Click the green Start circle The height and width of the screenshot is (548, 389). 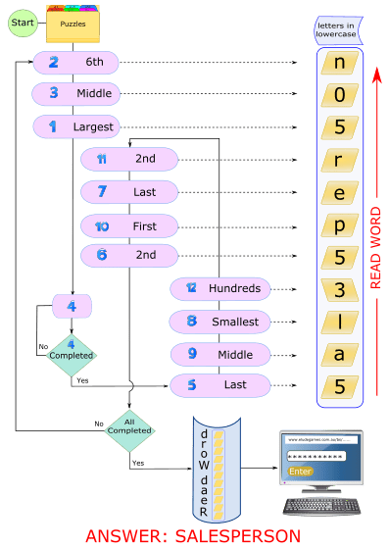click(23, 22)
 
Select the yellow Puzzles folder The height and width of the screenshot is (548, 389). click(73, 24)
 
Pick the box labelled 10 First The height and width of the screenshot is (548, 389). click(129, 225)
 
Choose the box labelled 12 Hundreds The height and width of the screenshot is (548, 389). click(220, 288)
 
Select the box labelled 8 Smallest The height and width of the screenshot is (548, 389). click(220, 321)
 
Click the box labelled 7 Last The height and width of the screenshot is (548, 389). click(129, 192)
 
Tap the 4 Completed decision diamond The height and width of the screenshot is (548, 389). click(71, 349)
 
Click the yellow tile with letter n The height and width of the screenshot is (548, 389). click(339, 64)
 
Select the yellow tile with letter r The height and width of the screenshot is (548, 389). click(339, 161)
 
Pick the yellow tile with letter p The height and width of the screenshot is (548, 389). click(339, 225)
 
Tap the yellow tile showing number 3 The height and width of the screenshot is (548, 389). click(339, 289)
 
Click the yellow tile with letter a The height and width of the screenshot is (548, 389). click(339, 353)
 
